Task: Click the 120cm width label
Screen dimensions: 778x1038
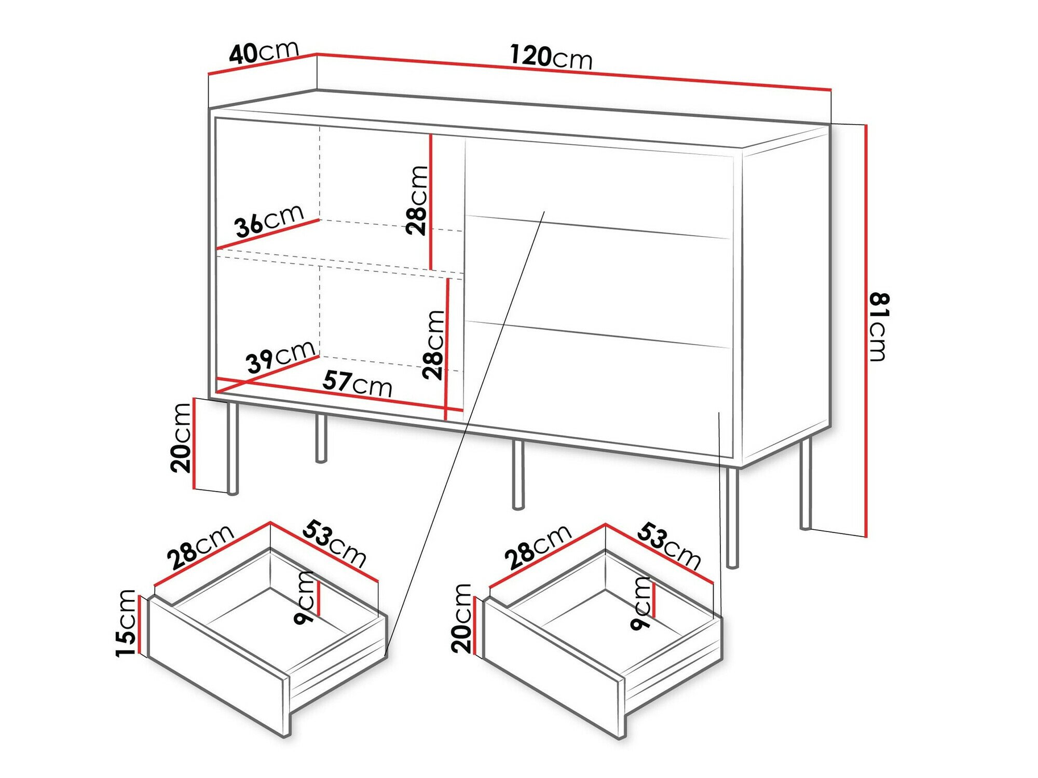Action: tap(551, 57)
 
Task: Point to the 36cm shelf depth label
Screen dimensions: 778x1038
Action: tap(269, 221)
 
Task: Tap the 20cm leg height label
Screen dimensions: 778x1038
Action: tap(181, 438)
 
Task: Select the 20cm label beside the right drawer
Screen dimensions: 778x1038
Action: tap(461, 618)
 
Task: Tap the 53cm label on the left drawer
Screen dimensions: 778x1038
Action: tap(335, 543)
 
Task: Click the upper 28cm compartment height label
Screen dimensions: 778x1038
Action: tap(417, 200)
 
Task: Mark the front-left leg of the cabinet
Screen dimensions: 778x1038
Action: tap(233, 447)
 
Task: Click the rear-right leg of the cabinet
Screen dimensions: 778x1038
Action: tap(805, 483)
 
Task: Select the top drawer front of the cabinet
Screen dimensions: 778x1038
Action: tap(597, 184)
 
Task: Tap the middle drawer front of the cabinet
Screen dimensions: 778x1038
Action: tap(597, 280)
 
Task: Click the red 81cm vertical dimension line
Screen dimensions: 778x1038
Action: tap(866, 332)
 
